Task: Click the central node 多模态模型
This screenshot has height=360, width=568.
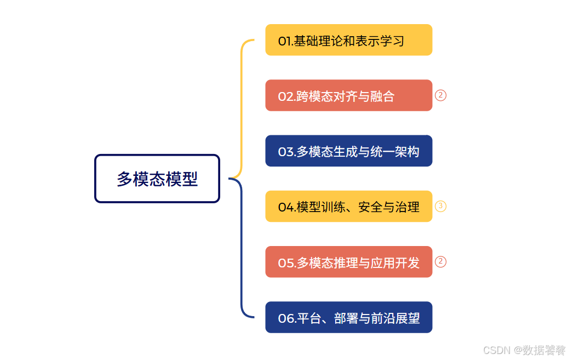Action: coord(157,179)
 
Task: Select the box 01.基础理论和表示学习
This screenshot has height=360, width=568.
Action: coord(348,40)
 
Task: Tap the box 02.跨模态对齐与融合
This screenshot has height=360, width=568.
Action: coord(348,95)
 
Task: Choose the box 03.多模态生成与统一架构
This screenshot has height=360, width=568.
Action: coord(348,151)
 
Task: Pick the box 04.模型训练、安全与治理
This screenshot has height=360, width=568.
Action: coord(348,207)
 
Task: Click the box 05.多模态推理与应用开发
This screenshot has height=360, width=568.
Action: coord(348,262)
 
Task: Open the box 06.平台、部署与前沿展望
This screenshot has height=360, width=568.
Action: coord(348,317)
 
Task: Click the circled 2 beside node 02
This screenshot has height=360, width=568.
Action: coord(441,95)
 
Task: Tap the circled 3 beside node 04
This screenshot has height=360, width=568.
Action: coord(441,207)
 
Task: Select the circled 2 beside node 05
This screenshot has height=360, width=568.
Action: coord(441,262)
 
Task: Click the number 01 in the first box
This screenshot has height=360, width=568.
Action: coord(284,41)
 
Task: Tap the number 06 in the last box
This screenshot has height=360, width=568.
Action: coord(285,318)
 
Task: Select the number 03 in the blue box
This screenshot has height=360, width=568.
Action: coord(286,152)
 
